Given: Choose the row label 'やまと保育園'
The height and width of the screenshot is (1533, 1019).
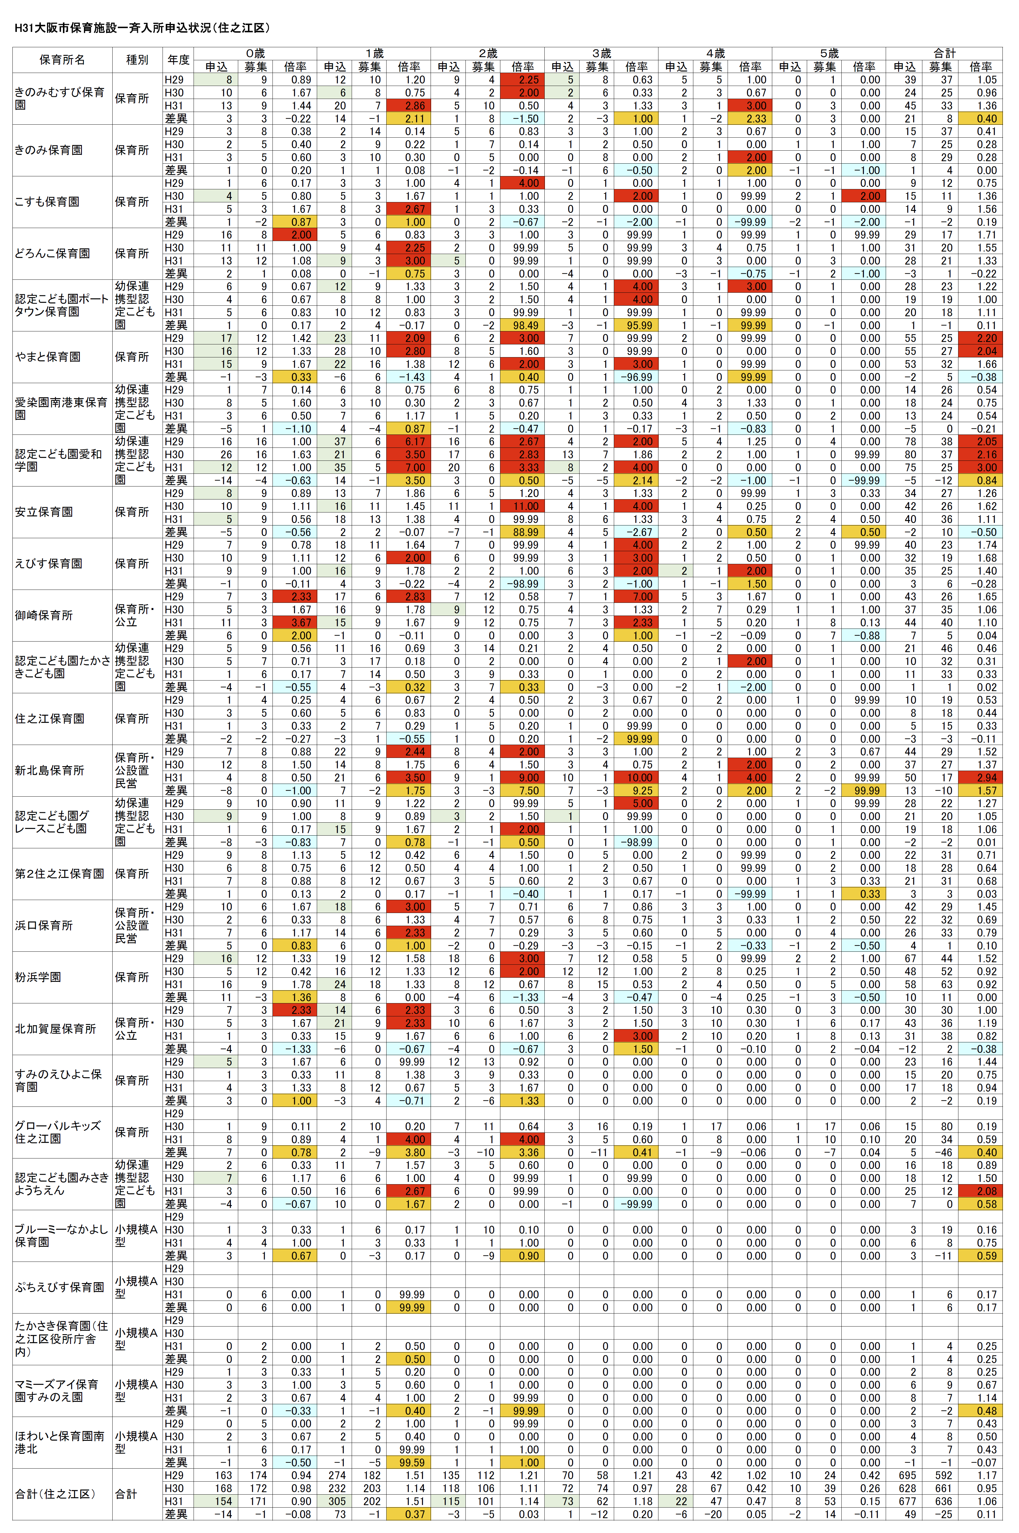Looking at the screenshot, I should [x=48, y=357].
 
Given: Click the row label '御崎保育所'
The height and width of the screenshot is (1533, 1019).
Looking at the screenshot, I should [x=43, y=615].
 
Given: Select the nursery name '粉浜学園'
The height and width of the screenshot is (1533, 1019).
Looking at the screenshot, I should [x=38, y=977].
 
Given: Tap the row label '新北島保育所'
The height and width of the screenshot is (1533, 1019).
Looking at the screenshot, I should [x=49, y=770].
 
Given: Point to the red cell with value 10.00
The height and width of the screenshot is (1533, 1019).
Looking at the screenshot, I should [x=637, y=777].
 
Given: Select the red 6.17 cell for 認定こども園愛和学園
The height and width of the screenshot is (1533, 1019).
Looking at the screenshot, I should [x=409, y=442].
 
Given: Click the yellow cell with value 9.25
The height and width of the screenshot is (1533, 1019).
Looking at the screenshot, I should [x=637, y=790].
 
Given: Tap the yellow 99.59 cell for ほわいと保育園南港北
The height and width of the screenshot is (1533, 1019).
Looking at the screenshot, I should [x=409, y=1462].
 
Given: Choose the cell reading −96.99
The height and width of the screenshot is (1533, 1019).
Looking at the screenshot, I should [x=637, y=377].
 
